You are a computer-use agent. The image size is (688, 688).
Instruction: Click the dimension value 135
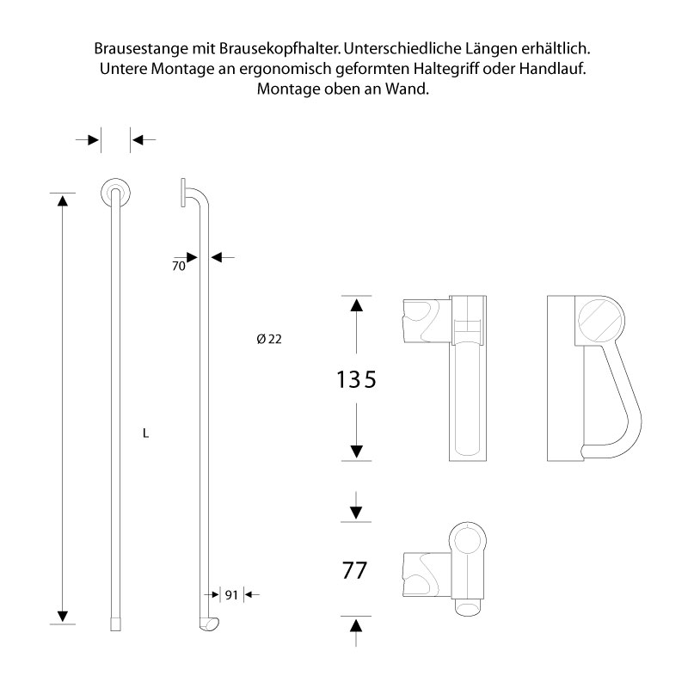pyautogui.click(x=355, y=379)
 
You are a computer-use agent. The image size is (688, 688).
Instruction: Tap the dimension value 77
pyautogui.click(x=355, y=570)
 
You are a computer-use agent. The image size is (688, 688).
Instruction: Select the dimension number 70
pyautogui.click(x=179, y=267)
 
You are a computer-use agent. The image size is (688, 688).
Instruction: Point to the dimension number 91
pyautogui.click(x=230, y=594)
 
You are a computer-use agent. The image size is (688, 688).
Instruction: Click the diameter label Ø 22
pyautogui.click(x=269, y=339)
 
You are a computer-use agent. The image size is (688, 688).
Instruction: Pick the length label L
pyautogui.click(x=146, y=433)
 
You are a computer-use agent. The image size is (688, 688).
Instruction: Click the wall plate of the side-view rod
pyautogui.click(x=183, y=193)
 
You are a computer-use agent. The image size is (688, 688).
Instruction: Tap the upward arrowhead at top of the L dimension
pyautogui.click(x=61, y=200)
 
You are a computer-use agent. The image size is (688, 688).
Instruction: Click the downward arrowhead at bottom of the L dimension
pyautogui.click(x=61, y=616)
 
